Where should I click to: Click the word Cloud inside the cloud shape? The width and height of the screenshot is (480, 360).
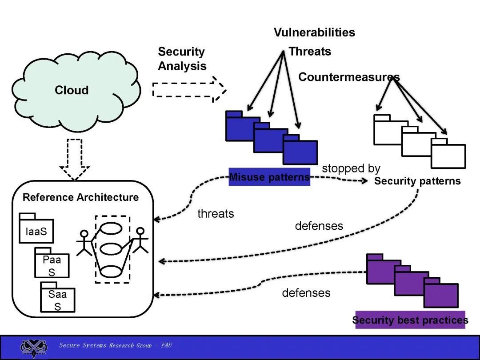pyautogui.click(x=72, y=90)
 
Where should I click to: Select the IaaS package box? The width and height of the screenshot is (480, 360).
pyautogui.click(x=36, y=228)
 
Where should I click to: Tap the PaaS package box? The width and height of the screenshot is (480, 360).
pyautogui.click(x=52, y=263)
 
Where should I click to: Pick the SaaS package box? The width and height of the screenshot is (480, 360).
pyautogui.click(x=57, y=297)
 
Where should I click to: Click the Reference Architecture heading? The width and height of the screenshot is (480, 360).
pyautogui.click(x=80, y=197)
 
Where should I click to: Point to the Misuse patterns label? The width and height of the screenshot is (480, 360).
pyautogui.click(x=269, y=177)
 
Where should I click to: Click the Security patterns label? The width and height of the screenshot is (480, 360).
pyautogui.click(x=417, y=181)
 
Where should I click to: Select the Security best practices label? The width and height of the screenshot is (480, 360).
pyautogui.click(x=410, y=320)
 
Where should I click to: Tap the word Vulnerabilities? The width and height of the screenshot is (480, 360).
pyautogui.click(x=314, y=32)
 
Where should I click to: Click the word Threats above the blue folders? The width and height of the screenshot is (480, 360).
pyautogui.click(x=310, y=52)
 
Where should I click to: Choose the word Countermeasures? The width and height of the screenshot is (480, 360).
pyautogui.click(x=349, y=77)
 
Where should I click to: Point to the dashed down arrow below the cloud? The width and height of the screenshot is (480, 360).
pyautogui.click(x=75, y=160)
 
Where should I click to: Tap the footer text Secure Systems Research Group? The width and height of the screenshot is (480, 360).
pyautogui.click(x=105, y=345)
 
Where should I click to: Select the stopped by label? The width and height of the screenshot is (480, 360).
pyautogui.click(x=351, y=168)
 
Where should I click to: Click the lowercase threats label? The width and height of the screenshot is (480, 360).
pyautogui.click(x=216, y=214)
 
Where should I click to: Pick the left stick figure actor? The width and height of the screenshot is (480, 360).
pyautogui.click(x=84, y=243)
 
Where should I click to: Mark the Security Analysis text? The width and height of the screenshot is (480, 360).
pyautogui.click(x=182, y=59)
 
